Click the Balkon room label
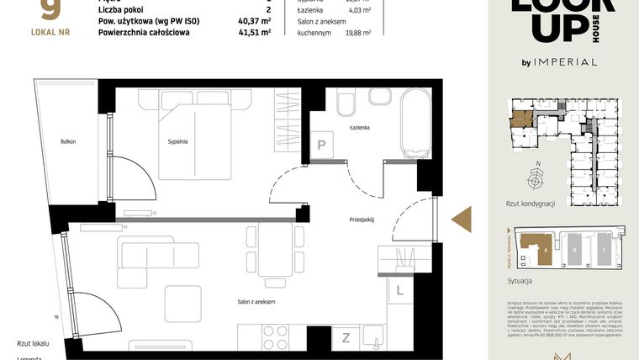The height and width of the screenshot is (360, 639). pyautogui.click(x=68, y=141)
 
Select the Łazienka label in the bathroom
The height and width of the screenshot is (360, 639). pyautogui.click(x=361, y=127)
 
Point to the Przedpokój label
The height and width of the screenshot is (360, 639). pyautogui.click(x=362, y=220)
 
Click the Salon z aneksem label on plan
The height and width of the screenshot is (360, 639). pyautogui.click(x=256, y=301)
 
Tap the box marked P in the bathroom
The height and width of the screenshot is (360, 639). pyautogui.click(x=321, y=145)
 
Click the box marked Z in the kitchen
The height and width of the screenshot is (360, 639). pyautogui.click(x=346, y=338)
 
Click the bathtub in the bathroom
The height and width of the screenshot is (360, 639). pyautogui.click(x=416, y=124)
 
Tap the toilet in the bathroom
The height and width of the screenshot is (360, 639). pyautogui.click(x=346, y=104)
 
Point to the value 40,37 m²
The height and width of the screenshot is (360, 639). pyautogui.click(x=253, y=20)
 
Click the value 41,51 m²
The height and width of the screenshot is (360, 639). pyautogui.click(x=253, y=33)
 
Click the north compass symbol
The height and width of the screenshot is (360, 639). pyautogui.click(x=534, y=179)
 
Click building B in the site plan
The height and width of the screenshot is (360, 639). pyautogui.click(x=573, y=250)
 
